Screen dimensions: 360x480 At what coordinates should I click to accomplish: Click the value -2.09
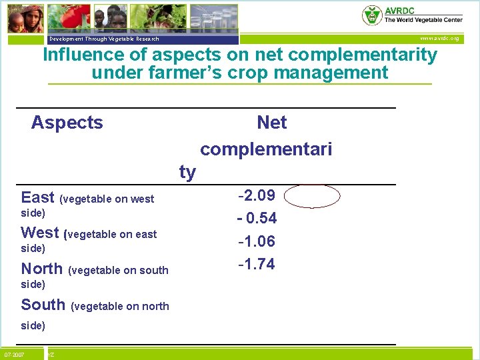pos(257,196)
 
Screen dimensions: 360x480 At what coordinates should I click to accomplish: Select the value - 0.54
pos(257,219)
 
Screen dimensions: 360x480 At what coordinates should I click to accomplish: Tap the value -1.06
pos(257,241)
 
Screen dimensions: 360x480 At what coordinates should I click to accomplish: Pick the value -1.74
pos(257,264)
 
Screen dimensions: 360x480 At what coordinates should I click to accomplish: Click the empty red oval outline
pos(315,197)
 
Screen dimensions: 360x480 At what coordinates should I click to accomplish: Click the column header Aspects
pos(67,123)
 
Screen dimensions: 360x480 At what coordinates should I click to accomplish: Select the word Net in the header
pos(271,123)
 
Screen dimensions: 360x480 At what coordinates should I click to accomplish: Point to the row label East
pos(37,197)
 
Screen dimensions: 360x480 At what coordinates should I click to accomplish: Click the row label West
pos(40,233)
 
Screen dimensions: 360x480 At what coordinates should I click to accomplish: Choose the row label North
pos(41,269)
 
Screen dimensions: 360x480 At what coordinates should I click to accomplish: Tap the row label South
pos(43,305)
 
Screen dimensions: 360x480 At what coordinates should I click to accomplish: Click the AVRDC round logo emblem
pos(372,15)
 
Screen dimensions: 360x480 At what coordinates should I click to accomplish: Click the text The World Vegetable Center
pos(423,21)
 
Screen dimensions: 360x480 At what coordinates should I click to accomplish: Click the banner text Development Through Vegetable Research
pos(105,39)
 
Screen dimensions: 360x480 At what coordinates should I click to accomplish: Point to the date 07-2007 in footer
pos(14,353)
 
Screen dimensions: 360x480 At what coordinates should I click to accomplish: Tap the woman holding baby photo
pos(25,17)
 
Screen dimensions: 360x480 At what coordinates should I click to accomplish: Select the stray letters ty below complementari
pos(187,172)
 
